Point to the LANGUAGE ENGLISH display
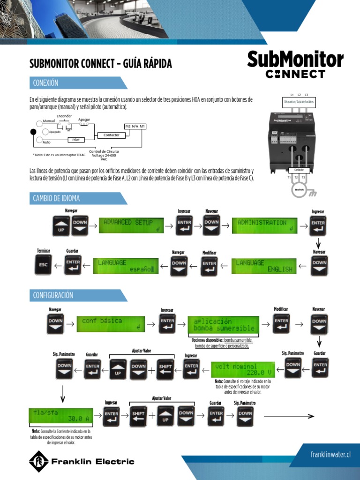265,265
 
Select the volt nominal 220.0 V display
243,369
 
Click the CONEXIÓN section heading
46,83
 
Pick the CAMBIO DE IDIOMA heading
56,198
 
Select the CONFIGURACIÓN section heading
53,295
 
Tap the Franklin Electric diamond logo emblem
39,461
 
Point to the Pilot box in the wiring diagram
75,140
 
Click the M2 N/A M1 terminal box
135,127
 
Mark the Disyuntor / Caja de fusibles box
299,102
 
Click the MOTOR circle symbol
299,189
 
